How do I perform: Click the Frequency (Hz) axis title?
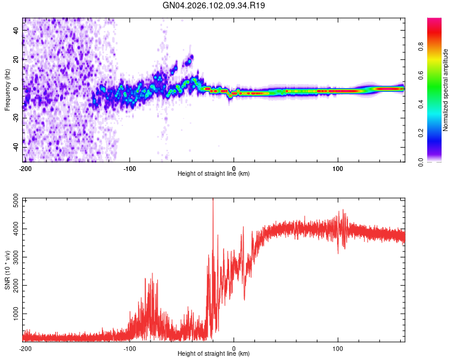pos(7,90)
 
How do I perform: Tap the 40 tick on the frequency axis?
pos(16,30)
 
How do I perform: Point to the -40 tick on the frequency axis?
pos(16,147)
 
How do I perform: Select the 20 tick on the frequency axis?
pos(16,59)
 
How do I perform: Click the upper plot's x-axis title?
pos(214,173)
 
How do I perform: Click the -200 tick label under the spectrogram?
pos(25,167)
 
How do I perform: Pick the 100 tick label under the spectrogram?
pos(338,167)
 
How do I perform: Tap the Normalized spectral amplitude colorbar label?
pos(446,90)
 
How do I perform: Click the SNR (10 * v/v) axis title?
pos(7,270)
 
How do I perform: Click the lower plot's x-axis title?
pos(214,353)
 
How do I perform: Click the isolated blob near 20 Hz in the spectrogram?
pos(190,59)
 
